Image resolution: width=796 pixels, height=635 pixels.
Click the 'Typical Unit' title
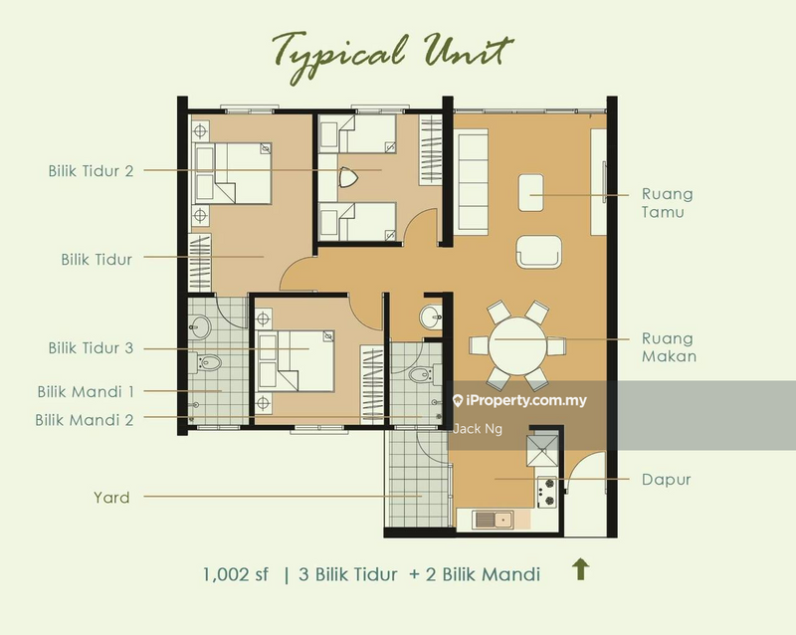(x=393, y=56)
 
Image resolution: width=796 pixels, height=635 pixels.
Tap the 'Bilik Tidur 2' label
(x=91, y=170)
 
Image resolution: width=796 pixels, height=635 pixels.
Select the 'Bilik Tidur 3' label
(x=91, y=348)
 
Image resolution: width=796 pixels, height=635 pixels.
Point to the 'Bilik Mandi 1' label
(x=86, y=392)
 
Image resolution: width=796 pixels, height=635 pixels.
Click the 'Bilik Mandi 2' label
(x=85, y=420)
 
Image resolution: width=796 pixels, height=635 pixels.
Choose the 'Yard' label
(x=111, y=498)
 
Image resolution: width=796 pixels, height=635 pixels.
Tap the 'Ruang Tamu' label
(x=667, y=203)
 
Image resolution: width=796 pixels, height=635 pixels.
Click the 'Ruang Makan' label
(x=669, y=347)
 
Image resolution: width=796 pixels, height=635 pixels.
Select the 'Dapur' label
(x=666, y=480)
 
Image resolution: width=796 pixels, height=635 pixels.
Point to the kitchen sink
(x=493, y=520)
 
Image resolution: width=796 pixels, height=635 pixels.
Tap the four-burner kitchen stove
(x=546, y=492)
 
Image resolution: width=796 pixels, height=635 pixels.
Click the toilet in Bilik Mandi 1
(x=208, y=362)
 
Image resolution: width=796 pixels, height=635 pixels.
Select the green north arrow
(x=581, y=569)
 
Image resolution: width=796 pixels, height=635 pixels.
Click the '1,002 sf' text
(x=236, y=574)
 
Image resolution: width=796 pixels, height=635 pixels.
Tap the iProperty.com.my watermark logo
(x=519, y=401)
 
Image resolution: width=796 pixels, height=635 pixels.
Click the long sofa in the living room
(x=471, y=181)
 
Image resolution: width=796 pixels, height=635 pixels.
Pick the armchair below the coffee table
(x=538, y=251)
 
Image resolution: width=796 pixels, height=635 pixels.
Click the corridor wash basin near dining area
(x=431, y=317)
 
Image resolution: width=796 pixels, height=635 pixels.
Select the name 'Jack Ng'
(x=478, y=429)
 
